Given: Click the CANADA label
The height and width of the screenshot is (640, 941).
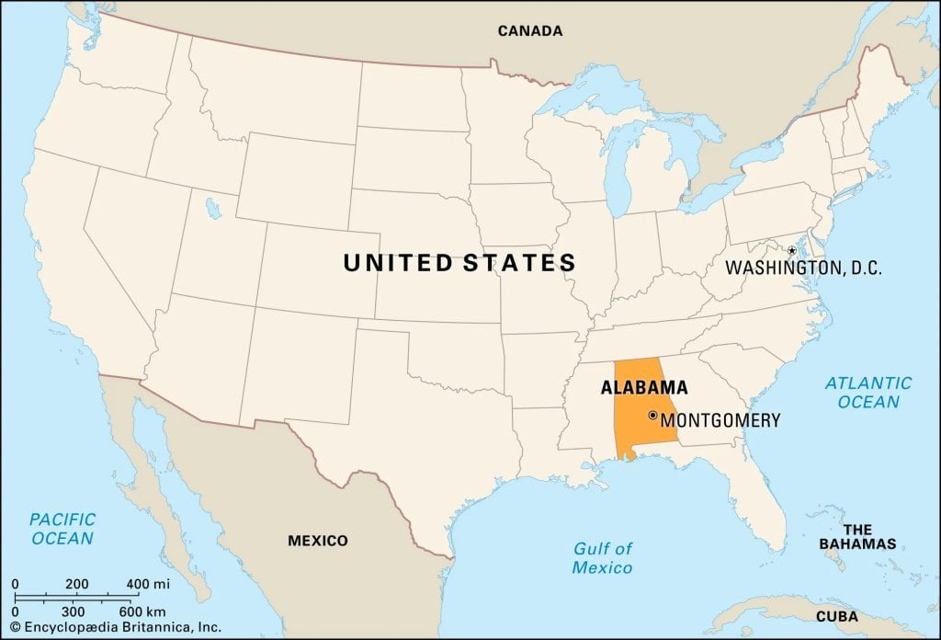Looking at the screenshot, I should tap(529, 31).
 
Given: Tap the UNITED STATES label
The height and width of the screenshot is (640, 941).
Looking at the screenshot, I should tap(459, 263).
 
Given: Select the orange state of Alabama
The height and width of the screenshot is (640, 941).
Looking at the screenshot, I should tap(634, 418).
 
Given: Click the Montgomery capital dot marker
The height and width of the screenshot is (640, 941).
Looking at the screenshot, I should tap(652, 417).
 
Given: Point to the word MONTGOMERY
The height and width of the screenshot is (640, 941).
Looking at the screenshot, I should tap(720, 420).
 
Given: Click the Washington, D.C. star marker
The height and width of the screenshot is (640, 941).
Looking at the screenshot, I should tap(791, 250).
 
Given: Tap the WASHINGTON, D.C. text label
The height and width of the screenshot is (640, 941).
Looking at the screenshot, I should tap(803, 269).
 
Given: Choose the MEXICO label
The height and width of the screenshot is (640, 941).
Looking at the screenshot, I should tap(318, 541).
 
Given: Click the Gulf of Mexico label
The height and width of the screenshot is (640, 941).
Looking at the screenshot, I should tap(603, 558).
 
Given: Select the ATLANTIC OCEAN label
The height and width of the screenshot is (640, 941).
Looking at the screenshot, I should tap(868, 393).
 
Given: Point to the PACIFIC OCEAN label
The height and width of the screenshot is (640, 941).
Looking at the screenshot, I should tap(62, 529).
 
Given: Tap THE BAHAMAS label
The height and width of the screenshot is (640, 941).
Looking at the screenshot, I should tap(857, 537).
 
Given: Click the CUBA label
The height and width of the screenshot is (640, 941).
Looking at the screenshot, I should tap(837, 616).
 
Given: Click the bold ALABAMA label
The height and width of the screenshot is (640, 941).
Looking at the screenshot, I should tap(644, 388).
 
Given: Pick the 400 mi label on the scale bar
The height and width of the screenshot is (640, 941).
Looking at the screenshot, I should tap(147, 584).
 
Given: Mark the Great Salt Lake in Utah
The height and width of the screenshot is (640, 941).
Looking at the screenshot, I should tap(214, 209).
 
